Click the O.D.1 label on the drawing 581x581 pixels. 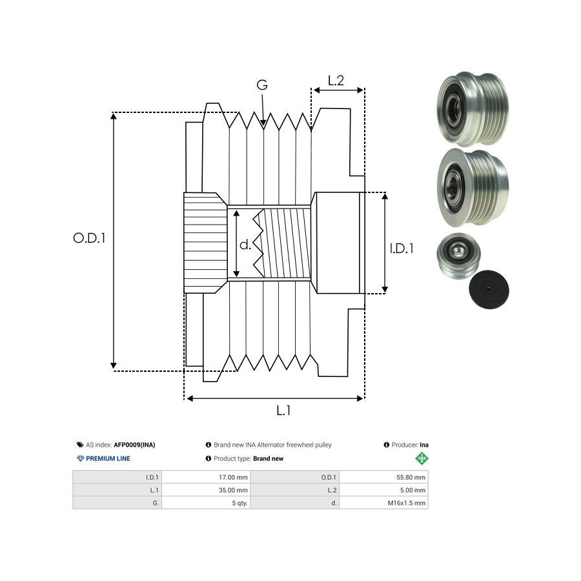89,238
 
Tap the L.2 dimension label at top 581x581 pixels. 336,81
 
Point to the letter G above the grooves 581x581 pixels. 261,85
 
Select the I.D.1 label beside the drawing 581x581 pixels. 402,248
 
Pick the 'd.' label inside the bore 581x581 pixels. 245,245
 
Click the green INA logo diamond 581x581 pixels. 422,458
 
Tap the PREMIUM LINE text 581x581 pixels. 108,458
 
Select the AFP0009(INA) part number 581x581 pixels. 134,445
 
